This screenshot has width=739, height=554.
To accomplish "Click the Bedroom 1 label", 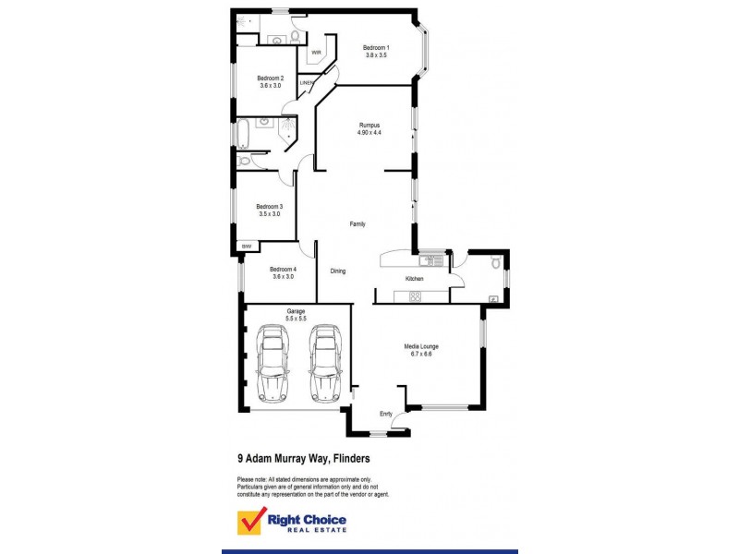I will [376, 48].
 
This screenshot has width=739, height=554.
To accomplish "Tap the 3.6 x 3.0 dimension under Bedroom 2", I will [270, 86].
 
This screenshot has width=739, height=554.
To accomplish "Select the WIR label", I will [316, 52].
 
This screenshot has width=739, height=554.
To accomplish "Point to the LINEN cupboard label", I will [308, 83].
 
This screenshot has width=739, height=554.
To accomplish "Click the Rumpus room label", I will [369, 126].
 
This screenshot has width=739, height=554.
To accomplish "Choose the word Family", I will [357, 224].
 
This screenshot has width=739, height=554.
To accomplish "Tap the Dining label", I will [338, 271].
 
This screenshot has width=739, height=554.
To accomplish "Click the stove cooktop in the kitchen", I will [415, 296].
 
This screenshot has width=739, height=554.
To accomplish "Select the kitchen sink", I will [437, 261].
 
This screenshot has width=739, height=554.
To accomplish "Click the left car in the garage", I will [273, 362].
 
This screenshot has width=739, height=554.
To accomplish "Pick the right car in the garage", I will [325, 362].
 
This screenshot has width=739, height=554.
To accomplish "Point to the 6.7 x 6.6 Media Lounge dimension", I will [421, 354].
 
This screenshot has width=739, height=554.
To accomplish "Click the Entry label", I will [386, 414].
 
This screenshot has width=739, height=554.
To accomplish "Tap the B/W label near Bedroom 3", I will [247, 247].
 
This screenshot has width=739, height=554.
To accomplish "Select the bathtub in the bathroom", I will [243, 135].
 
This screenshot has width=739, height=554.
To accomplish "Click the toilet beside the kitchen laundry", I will [497, 263].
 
